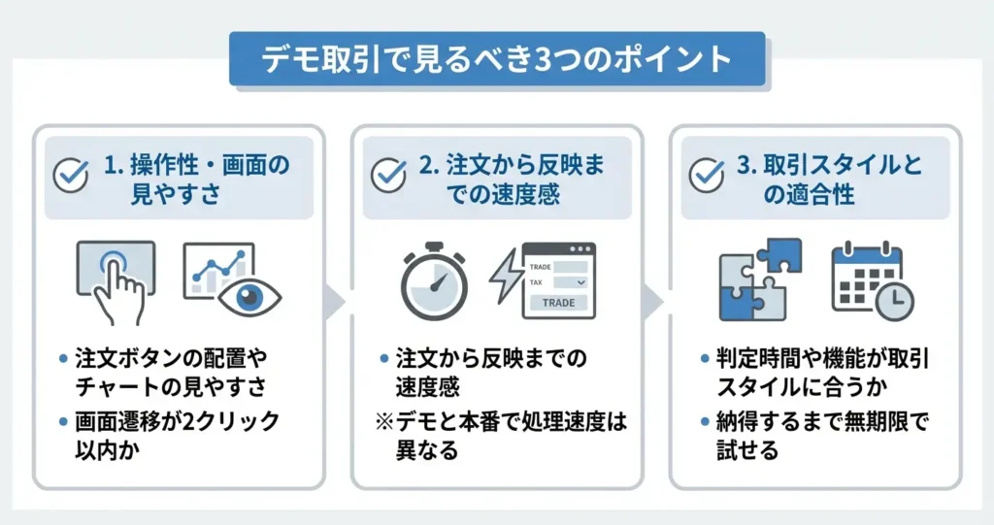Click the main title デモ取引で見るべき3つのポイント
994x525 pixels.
tap(498, 59)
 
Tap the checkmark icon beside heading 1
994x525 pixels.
tap(70, 175)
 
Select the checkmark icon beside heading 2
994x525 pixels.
tap(388, 175)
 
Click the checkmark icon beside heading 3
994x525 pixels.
tap(707, 175)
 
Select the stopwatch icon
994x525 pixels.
tap(434, 280)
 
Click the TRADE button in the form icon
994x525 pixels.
tap(558, 303)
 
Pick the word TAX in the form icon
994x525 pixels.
tap(536, 282)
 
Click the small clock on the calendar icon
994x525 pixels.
tap(894, 301)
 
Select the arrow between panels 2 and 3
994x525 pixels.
tap(653, 301)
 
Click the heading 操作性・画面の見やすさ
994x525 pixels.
tap(196, 180)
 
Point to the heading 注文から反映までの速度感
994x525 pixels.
tap(512, 180)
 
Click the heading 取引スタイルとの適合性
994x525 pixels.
tap(829, 180)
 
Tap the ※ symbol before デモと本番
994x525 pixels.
tap(384, 421)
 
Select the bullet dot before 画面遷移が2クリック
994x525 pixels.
tap(63, 421)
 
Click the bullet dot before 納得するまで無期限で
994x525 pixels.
tap(705, 421)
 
